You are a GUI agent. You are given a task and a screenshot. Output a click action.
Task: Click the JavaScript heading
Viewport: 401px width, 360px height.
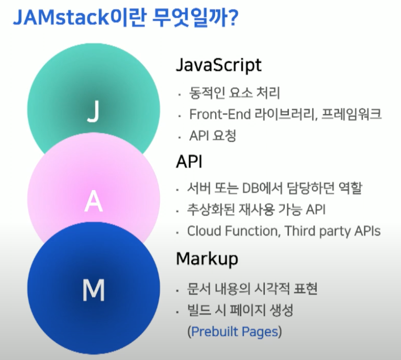point(218,66)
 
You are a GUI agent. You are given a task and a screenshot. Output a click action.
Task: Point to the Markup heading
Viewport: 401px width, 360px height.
point(207,258)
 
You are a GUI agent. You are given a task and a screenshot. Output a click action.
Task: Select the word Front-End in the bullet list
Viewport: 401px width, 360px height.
point(217,115)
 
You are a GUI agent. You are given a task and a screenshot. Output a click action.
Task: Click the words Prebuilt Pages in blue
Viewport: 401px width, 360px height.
point(235,331)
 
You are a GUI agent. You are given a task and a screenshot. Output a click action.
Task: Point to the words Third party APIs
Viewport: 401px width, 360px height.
point(332,231)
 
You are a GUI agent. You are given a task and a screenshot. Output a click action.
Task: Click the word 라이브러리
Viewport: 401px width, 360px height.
point(282,115)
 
